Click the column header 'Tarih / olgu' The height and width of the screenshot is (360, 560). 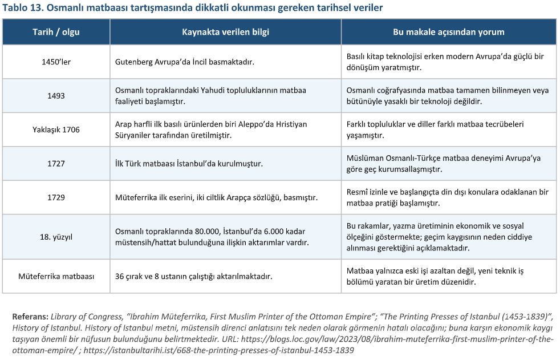[x=56, y=32]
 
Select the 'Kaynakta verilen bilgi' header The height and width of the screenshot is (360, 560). [x=225, y=32]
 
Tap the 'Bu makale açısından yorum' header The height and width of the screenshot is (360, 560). [x=448, y=32]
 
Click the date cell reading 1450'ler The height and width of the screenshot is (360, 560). [x=56, y=62]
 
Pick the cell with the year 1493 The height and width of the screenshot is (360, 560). [x=56, y=95]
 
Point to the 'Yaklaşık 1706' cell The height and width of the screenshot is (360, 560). [x=56, y=130]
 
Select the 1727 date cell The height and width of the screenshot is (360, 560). [x=56, y=163]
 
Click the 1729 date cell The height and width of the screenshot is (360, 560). [x=56, y=197]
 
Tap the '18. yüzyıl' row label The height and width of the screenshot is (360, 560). [x=56, y=236]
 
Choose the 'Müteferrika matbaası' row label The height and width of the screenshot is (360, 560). [x=56, y=276]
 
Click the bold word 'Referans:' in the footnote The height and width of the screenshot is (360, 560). [x=30, y=315]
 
